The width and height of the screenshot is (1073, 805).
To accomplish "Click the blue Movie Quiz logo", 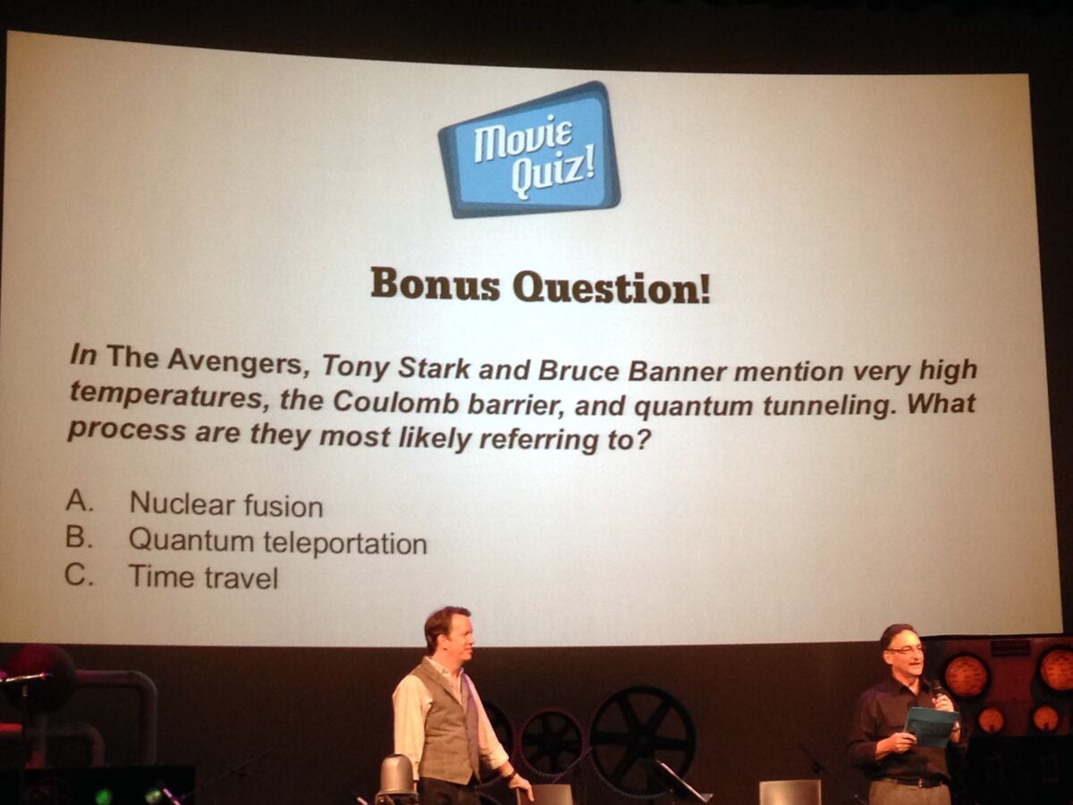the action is [x=529, y=150].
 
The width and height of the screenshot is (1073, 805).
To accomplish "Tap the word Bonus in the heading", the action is [x=435, y=284].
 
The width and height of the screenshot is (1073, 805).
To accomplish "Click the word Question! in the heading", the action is [x=611, y=288].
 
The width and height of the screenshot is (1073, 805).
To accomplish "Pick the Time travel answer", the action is [x=203, y=577].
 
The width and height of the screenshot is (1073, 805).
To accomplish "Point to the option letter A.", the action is [x=79, y=500].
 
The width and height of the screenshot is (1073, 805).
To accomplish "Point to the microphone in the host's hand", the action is [x=937, y=691].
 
